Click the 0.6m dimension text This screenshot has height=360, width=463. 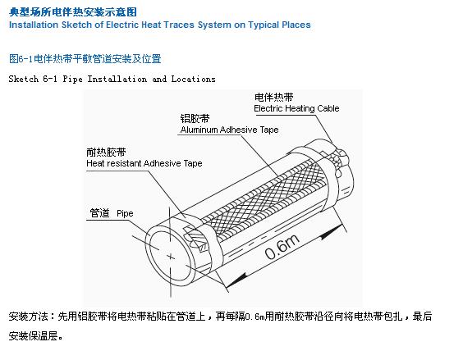pyautogui.click(x=282, y=247)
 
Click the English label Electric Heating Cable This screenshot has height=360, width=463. pyautogui.click(x=296, y=108)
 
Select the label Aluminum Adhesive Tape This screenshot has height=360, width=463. pyautogui.click(x=229, y=130)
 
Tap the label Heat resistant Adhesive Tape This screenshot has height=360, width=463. pyautogui.click(x=144, y=163)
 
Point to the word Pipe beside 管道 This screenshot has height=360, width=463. pyautogui.click(x=125, y=213)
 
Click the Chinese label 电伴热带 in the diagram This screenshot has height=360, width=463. pyautogui.click(x=273, y=97)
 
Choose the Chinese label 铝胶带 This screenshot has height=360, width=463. pyautogui.click(x=195, y=119)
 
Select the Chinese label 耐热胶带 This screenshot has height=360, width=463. pyautogui.click(x=106, y=152)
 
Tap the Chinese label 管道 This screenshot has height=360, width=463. pyautogui.click(x=99, y=212)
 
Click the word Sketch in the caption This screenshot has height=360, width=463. pyautogui.click(x=24, y=79)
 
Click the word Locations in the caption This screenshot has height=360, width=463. pyautogui.click(x=193, y=79)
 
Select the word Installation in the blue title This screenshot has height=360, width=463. pyautogui.click(x=34, y=25)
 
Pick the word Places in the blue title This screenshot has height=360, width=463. pyautogui.click(x=296, y=25)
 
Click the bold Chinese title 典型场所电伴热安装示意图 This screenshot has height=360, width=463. pyautogui.click(x=73, y=12)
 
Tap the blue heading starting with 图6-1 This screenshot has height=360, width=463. pyautogui.click(x=85, y=59)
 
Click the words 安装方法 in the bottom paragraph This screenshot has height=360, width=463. pyautogui.click(x=29, y=317)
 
